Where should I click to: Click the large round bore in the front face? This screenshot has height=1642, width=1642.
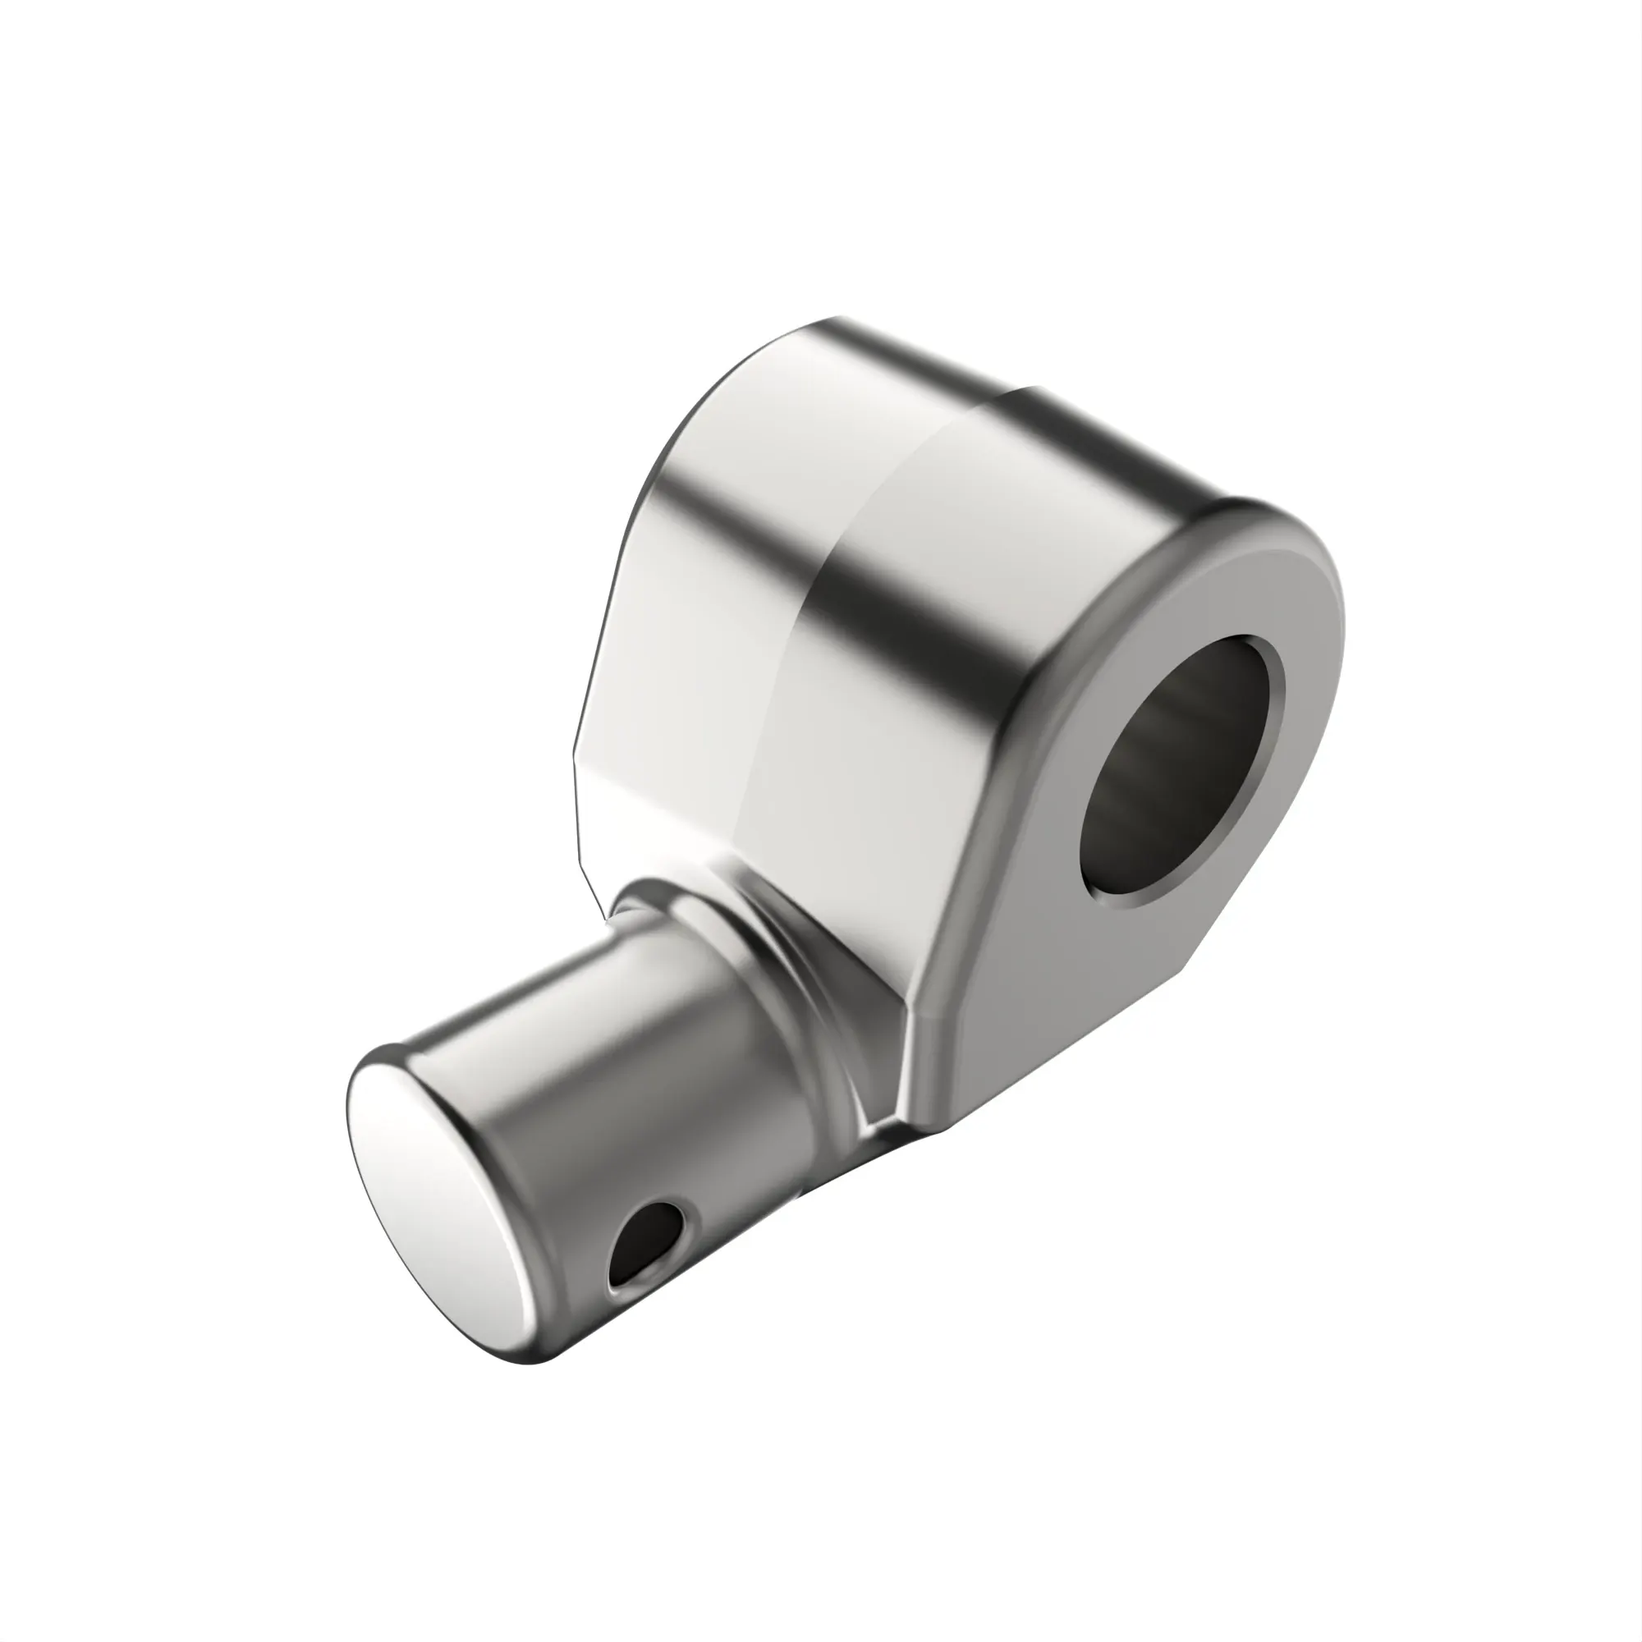pyautogui.click(x=1181, y=773)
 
